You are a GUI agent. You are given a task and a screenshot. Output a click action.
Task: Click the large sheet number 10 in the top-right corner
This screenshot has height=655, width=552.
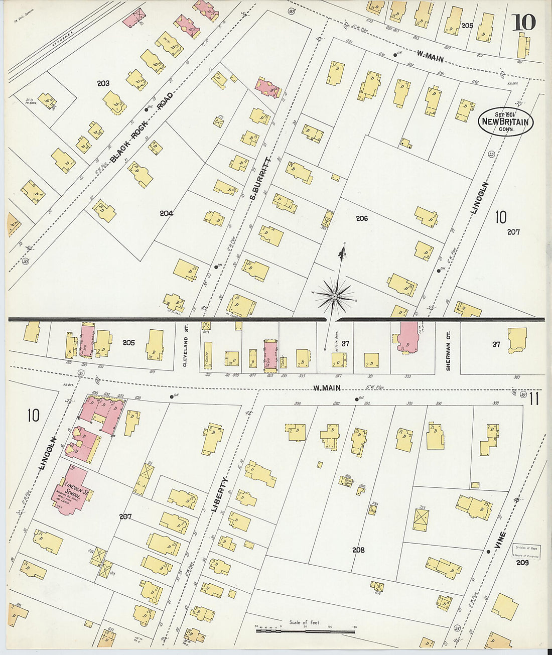523,22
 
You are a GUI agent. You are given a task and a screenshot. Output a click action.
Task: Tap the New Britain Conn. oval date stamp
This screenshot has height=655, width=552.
505,121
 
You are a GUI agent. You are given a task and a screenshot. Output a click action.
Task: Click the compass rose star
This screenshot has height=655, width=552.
334,297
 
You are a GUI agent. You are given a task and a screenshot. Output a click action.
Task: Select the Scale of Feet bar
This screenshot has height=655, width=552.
305,630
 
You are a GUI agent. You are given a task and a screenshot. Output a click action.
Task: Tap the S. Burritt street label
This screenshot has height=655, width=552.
260,179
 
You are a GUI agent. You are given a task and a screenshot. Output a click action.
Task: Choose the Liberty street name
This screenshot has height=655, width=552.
219,495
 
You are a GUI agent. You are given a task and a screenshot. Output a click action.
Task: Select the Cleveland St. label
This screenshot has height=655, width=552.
185,351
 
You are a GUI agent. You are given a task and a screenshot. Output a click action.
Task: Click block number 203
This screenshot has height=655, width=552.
103,83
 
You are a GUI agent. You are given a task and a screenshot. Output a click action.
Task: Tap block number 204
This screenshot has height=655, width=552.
166,213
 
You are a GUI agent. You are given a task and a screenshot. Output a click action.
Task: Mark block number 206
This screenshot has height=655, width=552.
361,218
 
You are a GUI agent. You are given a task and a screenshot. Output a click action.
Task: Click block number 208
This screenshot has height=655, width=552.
358,550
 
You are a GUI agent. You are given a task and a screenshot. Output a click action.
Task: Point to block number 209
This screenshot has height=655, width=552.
522,563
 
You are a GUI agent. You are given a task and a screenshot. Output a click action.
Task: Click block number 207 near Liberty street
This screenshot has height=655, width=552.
125,516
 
